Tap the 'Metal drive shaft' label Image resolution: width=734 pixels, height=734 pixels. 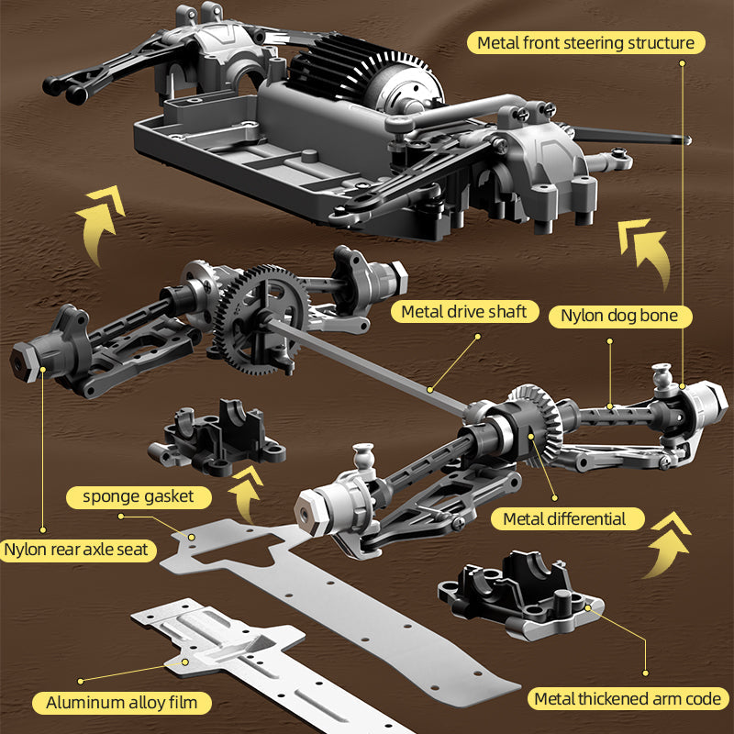pos(464,312)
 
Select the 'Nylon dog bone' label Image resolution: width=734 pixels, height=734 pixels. pos(619,317)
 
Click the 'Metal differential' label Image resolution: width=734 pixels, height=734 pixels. pos(564,519)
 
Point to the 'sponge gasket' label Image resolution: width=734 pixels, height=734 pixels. pos(138,497)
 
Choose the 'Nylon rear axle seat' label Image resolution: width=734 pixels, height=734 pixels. pos(79,550)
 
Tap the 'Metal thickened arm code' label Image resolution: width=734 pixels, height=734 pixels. pos(627,699)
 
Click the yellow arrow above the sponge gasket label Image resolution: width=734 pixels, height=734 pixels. pos(243,494)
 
